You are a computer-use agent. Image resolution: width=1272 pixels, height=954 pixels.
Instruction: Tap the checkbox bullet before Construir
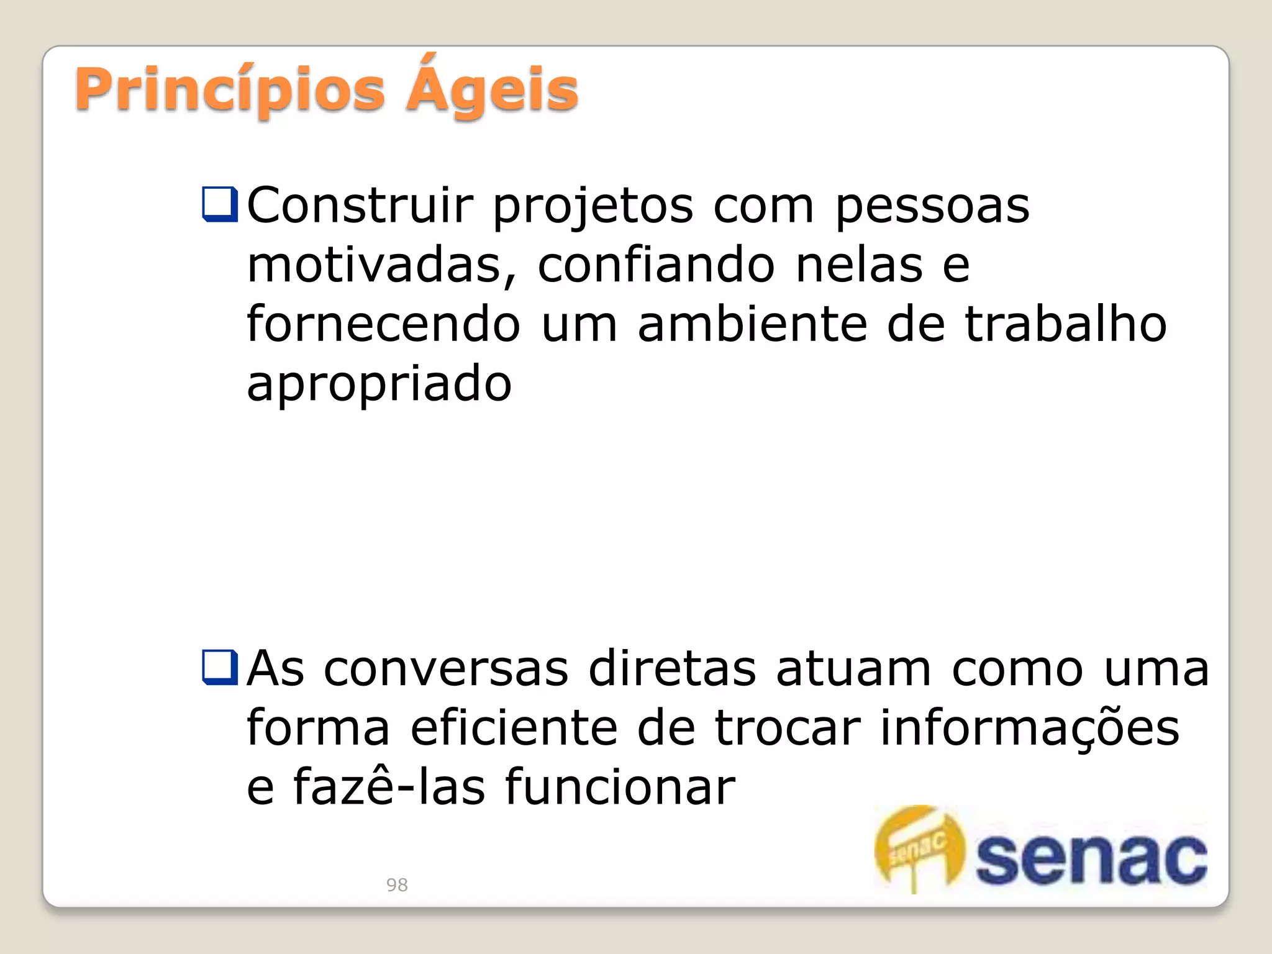(220, 204)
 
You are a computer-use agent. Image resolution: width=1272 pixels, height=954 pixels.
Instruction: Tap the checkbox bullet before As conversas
(220, 667)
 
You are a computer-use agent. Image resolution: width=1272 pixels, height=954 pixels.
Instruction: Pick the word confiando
(656, 265)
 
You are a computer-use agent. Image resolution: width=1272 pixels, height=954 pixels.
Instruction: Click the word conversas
(446, 669)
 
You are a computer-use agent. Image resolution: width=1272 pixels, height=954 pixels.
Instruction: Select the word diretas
(672, 669)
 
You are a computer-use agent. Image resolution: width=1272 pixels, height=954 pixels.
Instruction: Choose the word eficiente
(514, 728)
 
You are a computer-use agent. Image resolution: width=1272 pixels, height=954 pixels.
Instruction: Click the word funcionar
(620, 787)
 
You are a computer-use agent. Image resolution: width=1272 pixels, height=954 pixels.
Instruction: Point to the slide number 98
(397, 884)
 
